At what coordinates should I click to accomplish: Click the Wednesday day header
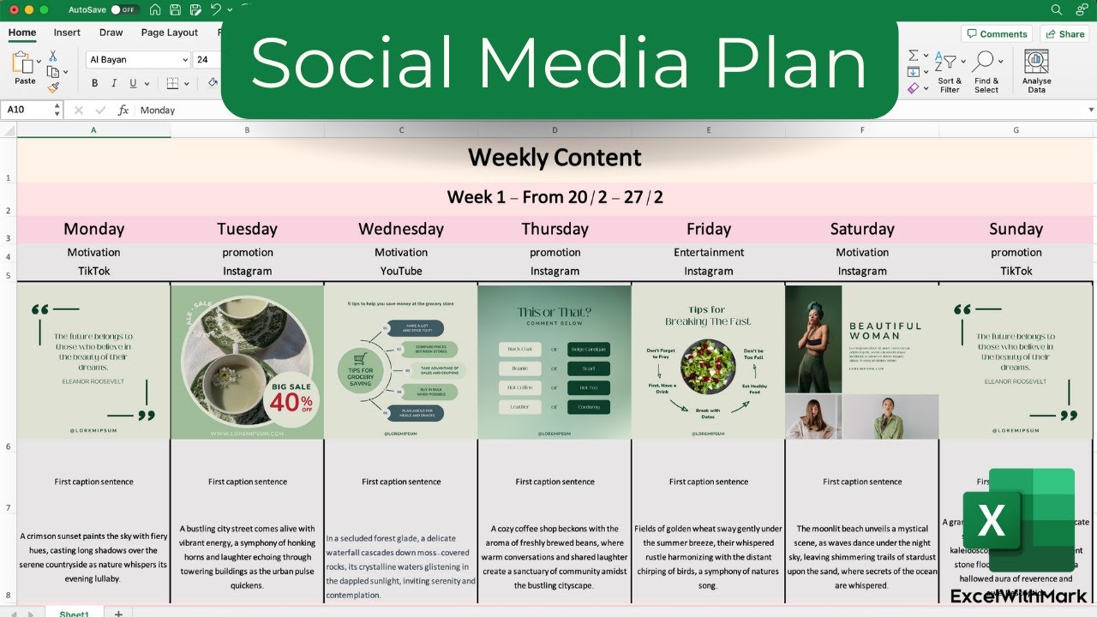point(401,229)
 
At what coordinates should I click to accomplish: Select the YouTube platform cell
point(401,271)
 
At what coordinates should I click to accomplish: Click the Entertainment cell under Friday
point(709,252)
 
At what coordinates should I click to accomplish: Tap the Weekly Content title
point(554,158)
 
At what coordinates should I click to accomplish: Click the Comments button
point(997,33)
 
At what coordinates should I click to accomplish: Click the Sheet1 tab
point(75,613)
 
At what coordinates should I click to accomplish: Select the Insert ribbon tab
point(67,33)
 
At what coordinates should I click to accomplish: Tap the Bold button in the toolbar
point(94,83)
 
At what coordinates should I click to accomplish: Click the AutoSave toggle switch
point(124,9)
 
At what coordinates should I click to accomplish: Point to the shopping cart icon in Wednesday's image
point(361,360)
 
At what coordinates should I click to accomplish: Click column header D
point(554,130)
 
